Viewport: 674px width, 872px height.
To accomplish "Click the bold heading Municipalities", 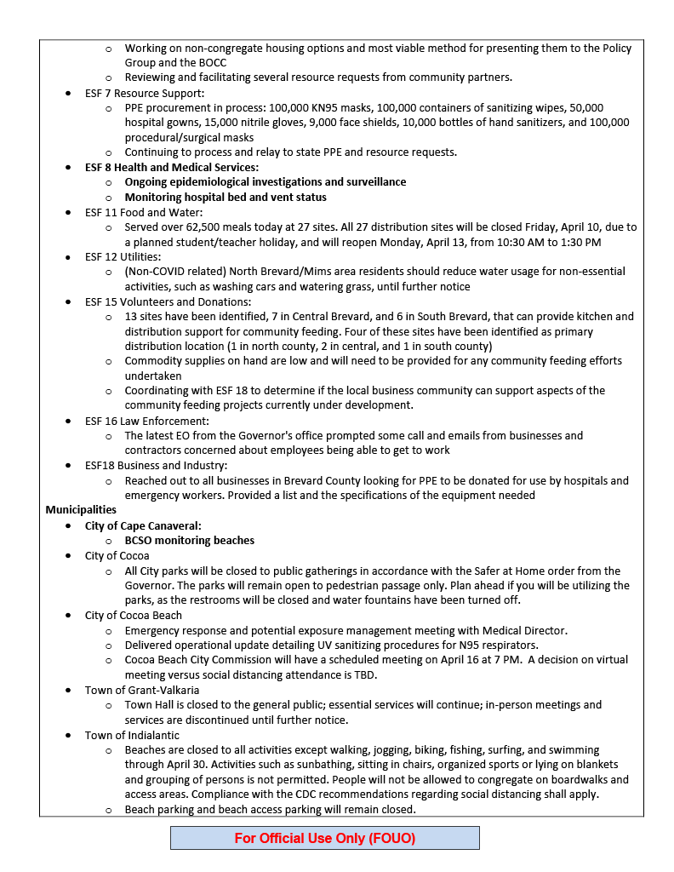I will point(81,510).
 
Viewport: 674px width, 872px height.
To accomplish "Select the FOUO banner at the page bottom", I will point(324,838).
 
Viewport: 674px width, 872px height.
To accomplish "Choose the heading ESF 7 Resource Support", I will point(145,93).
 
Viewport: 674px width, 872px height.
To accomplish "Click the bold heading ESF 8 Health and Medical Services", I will point(171,167).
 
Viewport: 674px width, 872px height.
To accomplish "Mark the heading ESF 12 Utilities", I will point(123,256).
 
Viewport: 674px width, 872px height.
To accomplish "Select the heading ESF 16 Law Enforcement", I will point(146,421).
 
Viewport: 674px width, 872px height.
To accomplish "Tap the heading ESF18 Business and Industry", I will point(156,465).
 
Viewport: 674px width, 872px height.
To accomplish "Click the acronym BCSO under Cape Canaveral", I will point(141,541).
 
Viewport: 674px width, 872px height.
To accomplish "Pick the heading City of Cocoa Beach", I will point(133,615).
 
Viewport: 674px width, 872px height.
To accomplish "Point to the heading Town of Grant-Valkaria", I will point(142,690).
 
